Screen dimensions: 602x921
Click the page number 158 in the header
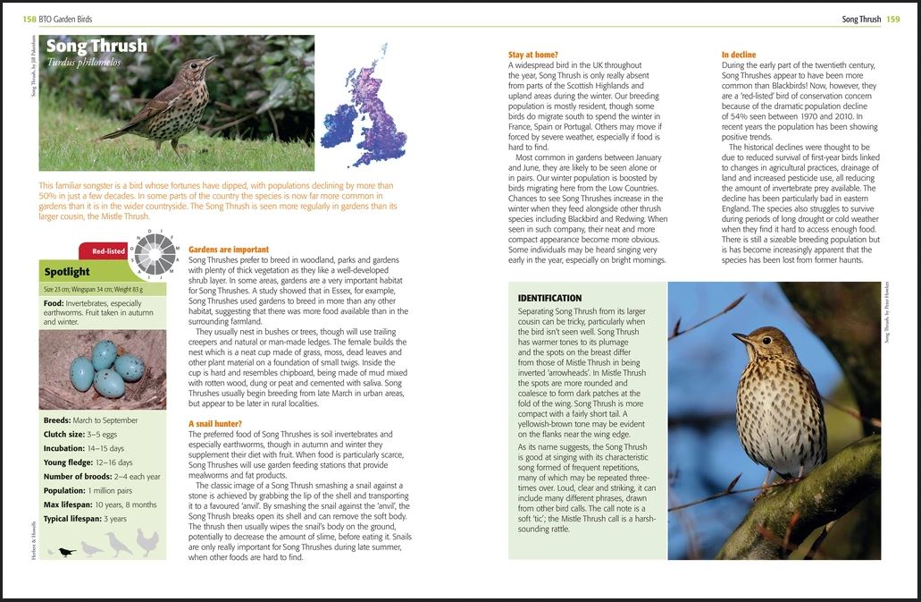[30, 19]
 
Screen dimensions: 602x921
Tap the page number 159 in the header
[893, 19]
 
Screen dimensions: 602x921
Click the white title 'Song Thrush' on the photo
[96, 46]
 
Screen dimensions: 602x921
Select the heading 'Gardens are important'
[229, 250]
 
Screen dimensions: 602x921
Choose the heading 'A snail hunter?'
[215, 423]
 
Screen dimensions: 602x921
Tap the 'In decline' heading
[739, 55]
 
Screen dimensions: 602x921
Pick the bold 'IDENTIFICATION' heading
[550, 298]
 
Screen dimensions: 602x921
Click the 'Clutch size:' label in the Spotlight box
[64, 434]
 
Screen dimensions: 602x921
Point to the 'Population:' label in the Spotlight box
[64, 490]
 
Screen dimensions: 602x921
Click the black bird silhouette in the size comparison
[65, 552]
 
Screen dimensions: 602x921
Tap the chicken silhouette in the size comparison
[147, 542]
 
